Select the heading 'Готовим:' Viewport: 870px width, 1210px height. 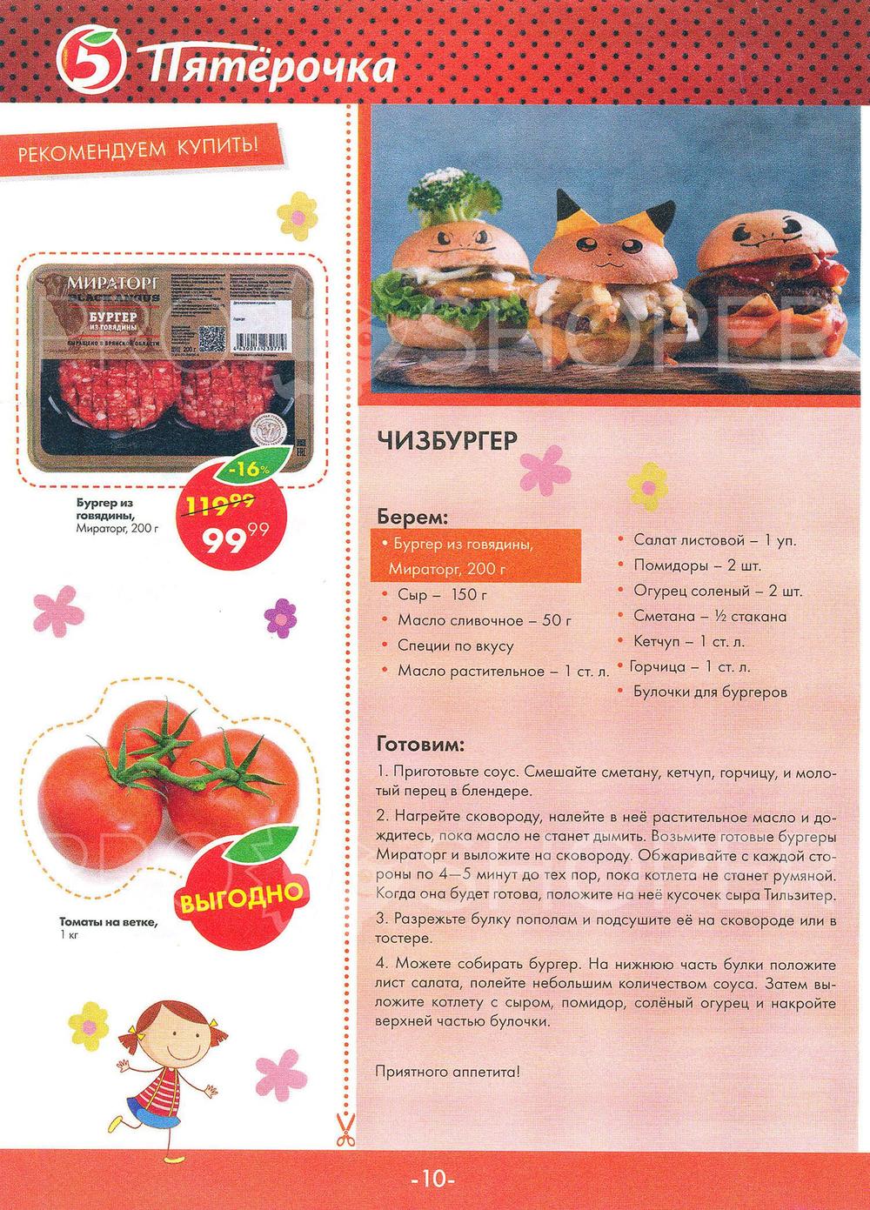point(421,745)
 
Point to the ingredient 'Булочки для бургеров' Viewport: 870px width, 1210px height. point(710,692)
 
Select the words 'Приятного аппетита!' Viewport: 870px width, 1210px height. point(447,1071)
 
